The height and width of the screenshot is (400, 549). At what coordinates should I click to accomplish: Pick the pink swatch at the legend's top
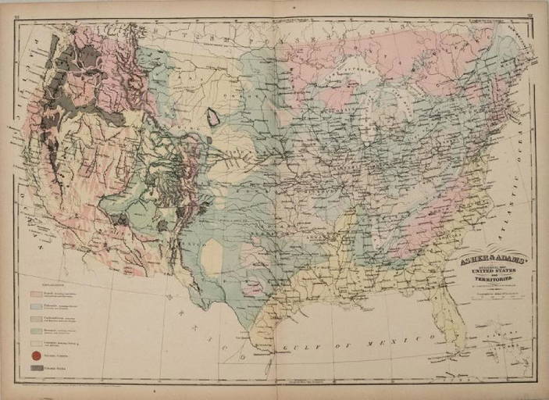(x=35, y=295)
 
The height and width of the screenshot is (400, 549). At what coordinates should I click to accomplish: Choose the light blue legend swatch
(x=35, y=306)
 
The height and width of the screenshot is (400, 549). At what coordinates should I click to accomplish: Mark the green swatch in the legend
(x=35, y=331)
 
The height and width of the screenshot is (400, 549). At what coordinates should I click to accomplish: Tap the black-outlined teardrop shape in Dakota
(x=212, y=119)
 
